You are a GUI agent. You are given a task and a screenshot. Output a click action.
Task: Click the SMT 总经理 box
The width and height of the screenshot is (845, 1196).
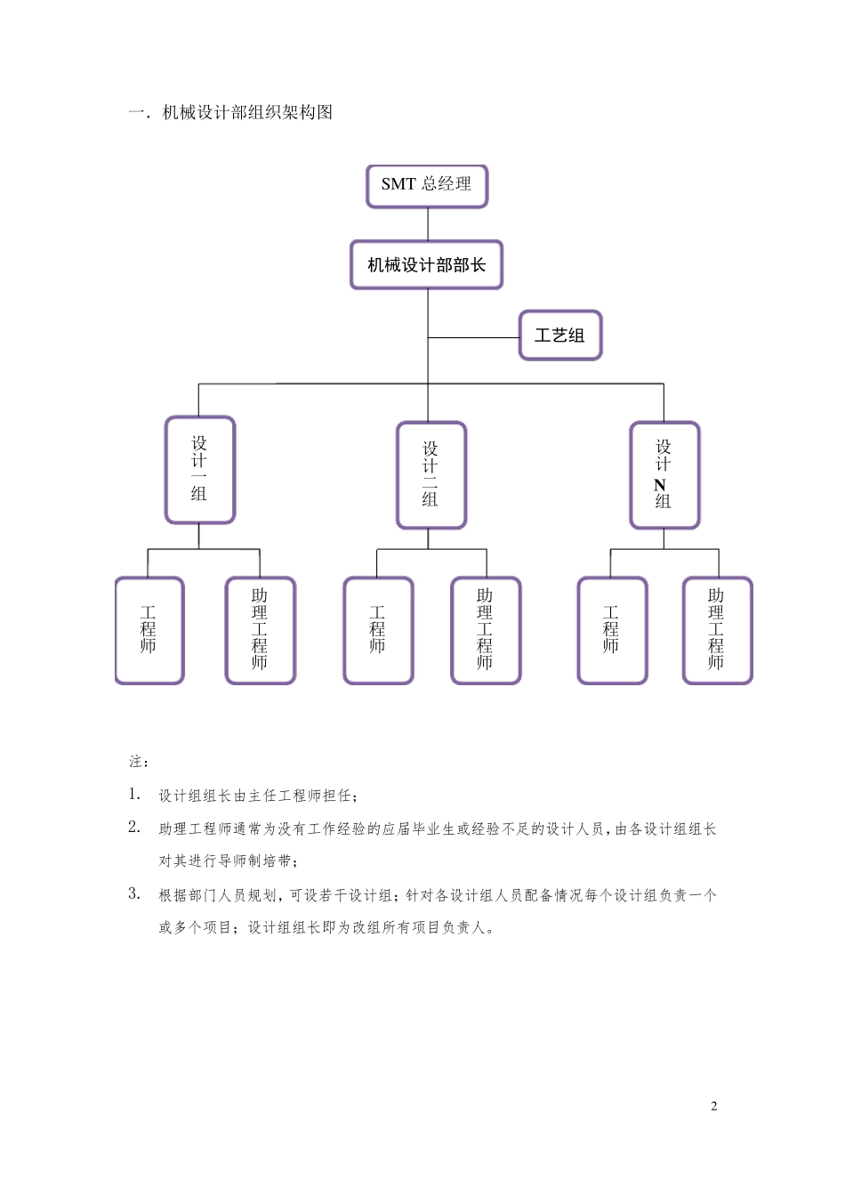pyautogui.click(x=427, y=186)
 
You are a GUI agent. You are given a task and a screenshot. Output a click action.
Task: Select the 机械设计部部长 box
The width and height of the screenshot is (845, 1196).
pyautogui.click(x=427, y=265)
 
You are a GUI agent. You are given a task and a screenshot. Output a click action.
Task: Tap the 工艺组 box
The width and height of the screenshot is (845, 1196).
pyautogui.click(x=560, y=335)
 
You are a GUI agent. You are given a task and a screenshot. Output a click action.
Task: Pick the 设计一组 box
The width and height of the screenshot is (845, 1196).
pyautogui.click(x=200, y=470)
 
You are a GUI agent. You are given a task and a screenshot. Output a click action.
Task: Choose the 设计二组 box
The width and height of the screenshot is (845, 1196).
pyautogui.click(x=431, y=475)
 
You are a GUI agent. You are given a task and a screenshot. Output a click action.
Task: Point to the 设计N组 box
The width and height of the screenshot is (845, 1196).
pyautogui.click(x=664, y=475)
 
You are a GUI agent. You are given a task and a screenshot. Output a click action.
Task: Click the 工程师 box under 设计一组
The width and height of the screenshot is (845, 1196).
pyautogui.click(x=149, y=630)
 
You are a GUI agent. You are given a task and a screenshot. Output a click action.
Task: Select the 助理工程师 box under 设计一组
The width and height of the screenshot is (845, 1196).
pyautogui.click(x=260, y=630)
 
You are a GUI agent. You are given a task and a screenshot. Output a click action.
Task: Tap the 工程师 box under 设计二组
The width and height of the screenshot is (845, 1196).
pyautogui.click(x=378, y=630)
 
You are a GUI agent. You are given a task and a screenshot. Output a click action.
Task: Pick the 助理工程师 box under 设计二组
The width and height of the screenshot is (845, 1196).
pyautogui.click(x=486, y=630)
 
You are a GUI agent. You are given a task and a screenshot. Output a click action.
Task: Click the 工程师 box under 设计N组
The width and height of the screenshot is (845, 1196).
pyautogui.click(x=612, y=630)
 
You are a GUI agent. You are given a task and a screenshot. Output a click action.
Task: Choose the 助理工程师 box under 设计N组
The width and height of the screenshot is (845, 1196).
pyautogui.click(x=717, y=630)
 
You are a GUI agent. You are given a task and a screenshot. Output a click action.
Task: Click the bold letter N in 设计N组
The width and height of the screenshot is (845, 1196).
pyautogui.click(x=660, y=485)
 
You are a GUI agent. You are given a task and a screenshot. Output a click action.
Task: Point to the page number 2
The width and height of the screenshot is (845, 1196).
pyautogui.click(x=714, y=1106)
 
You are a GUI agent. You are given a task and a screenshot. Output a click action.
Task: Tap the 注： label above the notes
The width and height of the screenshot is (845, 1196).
pyautogui.click(x=139, y=762)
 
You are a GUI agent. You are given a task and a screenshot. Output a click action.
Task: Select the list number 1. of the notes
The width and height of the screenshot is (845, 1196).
pyautogui.click(x=134, y=794)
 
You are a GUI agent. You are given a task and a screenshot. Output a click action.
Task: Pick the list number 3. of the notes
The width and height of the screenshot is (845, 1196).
pyautogui.click(x=134, y=893)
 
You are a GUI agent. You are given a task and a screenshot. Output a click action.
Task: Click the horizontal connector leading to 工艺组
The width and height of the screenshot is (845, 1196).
pyautogui.click(x=473, y=337)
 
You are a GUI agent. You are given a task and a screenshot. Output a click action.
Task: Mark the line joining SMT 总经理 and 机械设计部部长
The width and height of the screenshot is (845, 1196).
pyautogui.click(x=428, y=224)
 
